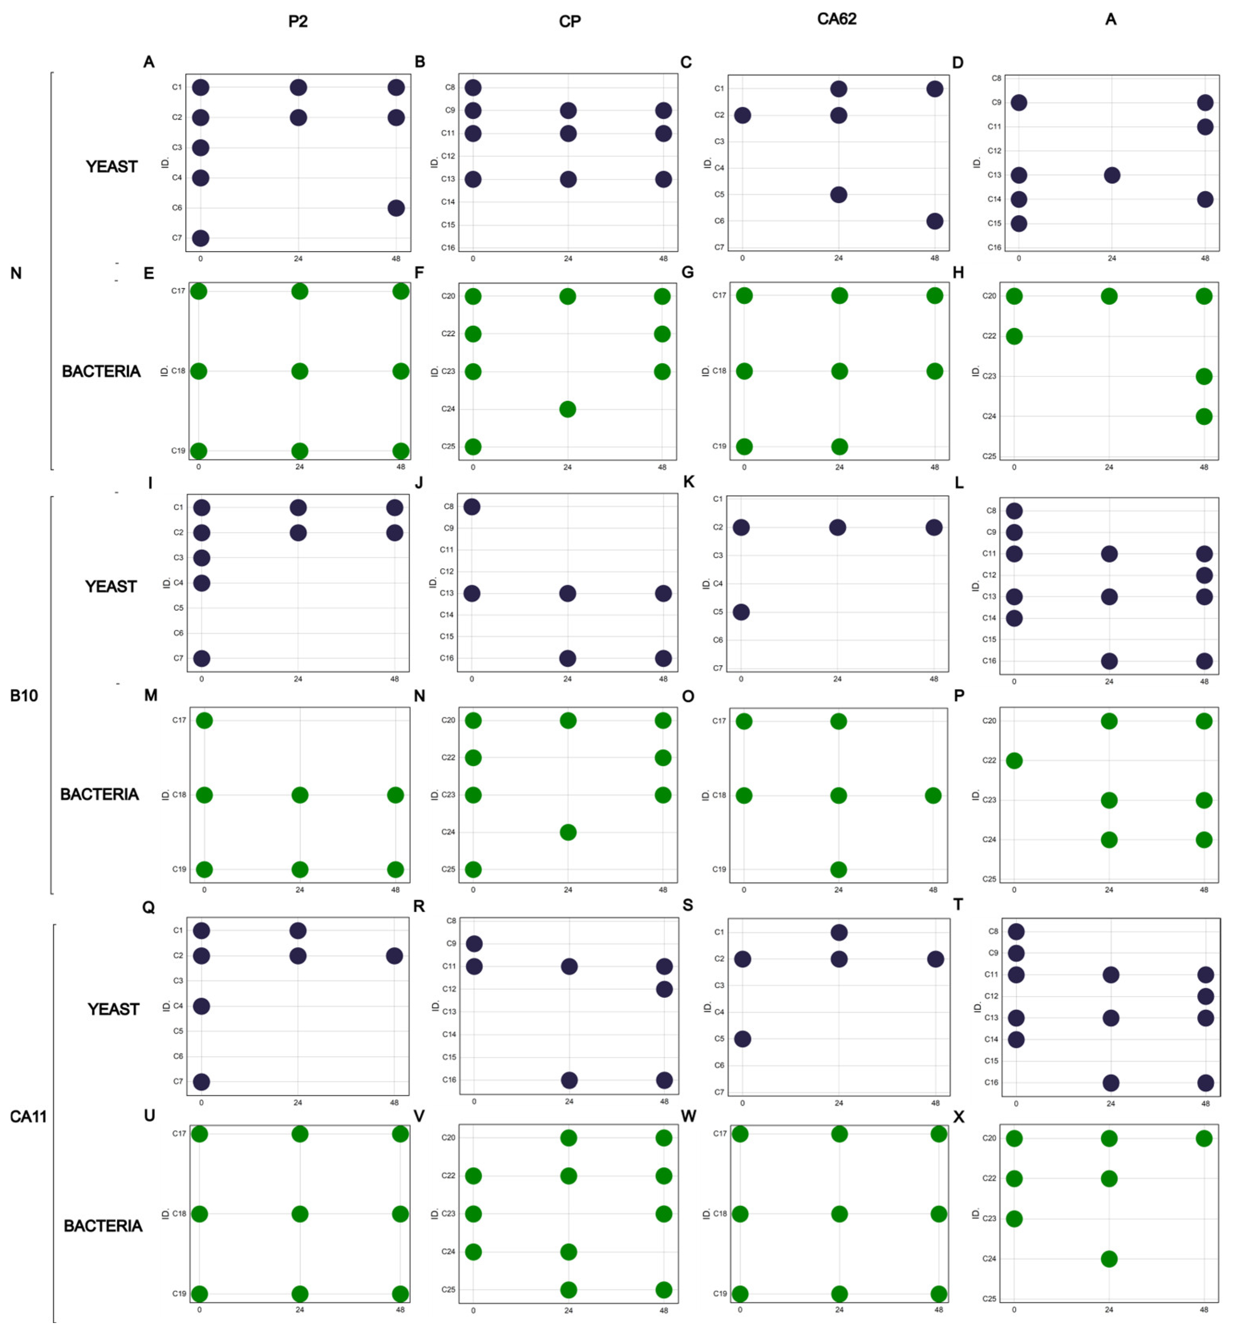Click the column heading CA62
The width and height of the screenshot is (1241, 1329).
pos(836,19)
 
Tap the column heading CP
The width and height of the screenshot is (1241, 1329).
pos(569,21)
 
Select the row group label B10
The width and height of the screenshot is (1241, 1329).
pos(24,695)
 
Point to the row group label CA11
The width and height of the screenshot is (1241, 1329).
pos(28,1116)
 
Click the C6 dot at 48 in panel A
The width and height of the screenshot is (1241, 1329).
pos(396,208)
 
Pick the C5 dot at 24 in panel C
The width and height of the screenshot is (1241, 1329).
pos(838,195)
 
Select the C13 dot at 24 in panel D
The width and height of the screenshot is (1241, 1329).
pos(1112,175)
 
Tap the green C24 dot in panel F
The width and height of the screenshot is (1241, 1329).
pos(567,409)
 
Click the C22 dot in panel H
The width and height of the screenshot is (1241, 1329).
pos(1014,336)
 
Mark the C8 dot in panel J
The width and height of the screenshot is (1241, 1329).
pos(472,507)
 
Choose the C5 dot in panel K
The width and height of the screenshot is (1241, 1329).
pos(741,612)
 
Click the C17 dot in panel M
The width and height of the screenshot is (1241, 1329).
pos(204,720)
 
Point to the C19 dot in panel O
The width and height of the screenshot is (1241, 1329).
pos(838,869)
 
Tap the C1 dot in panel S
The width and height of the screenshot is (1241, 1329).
pos(839,932)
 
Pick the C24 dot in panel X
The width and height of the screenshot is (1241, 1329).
pos(1109,1259)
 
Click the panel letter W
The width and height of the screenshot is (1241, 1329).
pos(688,1116)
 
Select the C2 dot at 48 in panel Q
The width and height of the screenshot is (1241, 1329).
pos(395,956)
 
